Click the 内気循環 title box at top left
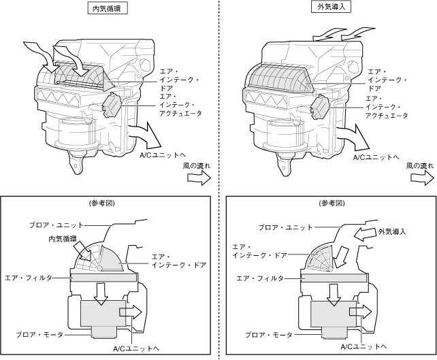[x=110, y=8]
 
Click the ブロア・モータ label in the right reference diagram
[x=270, y=335]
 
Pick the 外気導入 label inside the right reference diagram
[x=391, y=232]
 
